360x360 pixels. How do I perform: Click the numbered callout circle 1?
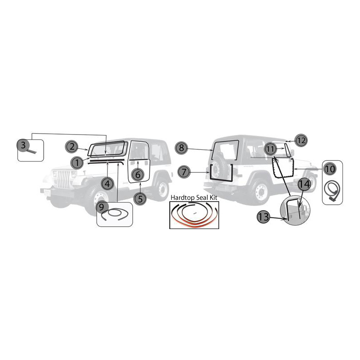click(x=77, y=162)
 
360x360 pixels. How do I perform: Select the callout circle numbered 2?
click(x=72, y=147)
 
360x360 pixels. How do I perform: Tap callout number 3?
click(x=23, y=145)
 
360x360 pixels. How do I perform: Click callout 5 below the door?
click(x=140, y=198)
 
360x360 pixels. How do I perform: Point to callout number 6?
click(x=138, y=175)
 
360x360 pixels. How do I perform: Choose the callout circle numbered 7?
click(x=184, y=172)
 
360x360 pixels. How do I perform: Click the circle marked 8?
click(x=181, y=148)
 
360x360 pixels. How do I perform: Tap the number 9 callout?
click(x=102, y=207)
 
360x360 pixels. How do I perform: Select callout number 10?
click(x=330, y=169)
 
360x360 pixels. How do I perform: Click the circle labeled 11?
click(x=270, y=149)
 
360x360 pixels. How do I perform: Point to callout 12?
click(x=301, y=140)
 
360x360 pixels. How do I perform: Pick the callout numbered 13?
click(x=263, y=216)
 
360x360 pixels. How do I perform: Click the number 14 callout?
click(x=304, y=184)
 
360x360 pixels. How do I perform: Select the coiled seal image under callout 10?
click(x=332, y=191)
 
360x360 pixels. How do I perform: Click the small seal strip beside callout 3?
click(x=32, y=152)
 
